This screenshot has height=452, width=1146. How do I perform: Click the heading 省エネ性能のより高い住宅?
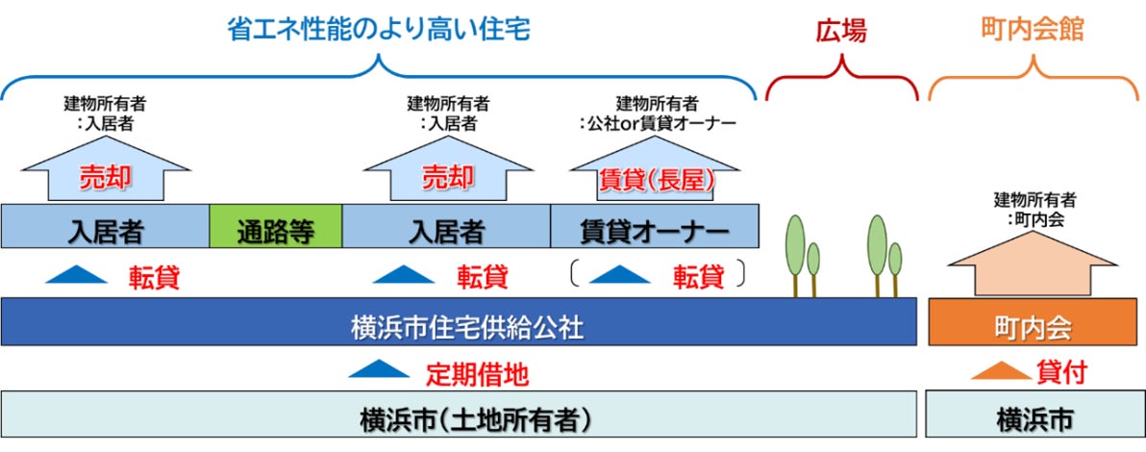[x=379, y=30]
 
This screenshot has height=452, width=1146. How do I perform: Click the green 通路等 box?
[x=276, y=228]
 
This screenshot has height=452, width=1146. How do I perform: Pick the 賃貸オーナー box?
[x=655, y=228]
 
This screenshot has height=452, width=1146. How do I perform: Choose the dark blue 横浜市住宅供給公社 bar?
[x=458, y=323]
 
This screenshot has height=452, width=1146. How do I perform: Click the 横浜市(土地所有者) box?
[x=458, y=419]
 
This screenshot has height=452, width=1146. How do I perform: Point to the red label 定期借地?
[x=477, y=371]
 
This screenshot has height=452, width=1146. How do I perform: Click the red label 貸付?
[x=1062, y=371]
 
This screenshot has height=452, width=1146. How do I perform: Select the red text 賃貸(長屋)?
[x=656, y=178]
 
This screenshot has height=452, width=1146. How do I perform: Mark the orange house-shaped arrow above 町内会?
[x=1034, y=264]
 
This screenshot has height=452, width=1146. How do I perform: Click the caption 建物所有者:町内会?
[x=1034, y=210]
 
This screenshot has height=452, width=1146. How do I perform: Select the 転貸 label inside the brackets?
[x=698, y=277]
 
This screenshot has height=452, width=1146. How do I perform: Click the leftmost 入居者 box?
[x=105, y=228]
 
